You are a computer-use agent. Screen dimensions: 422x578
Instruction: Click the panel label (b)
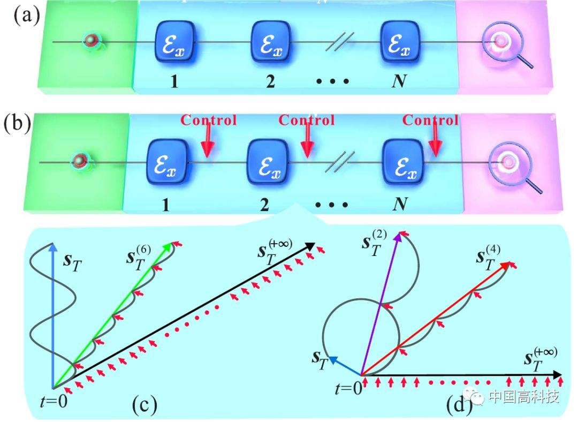[x=18, y=125]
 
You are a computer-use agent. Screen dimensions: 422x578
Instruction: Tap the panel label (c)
[x=144, y=406]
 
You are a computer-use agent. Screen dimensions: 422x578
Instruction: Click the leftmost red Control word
[x=208, y=120]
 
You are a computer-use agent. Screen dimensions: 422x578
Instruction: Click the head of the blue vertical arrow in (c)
[x=52, y=247]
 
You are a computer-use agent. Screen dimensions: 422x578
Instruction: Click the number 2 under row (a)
[x=269, y=81]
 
